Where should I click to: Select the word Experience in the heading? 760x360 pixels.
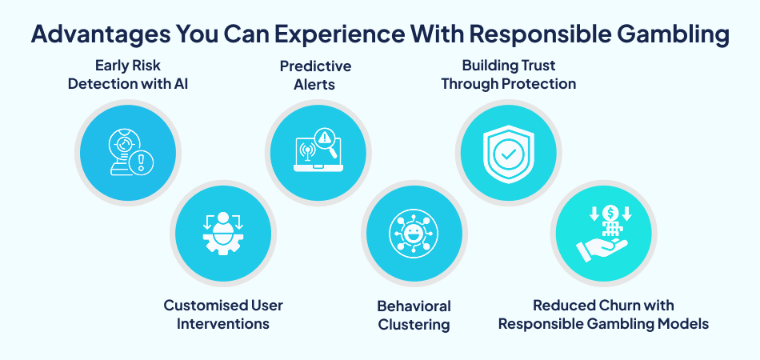(x=344, y=35)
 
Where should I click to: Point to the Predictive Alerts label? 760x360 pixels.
(x=315, y=74)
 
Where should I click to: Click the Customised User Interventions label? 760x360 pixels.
(x=223, y=314)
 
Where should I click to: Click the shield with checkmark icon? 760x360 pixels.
(x=508, y=154)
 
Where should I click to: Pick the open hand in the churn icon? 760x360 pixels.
(x=602, y=250)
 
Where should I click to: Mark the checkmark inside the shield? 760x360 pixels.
(x=508, y=154)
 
